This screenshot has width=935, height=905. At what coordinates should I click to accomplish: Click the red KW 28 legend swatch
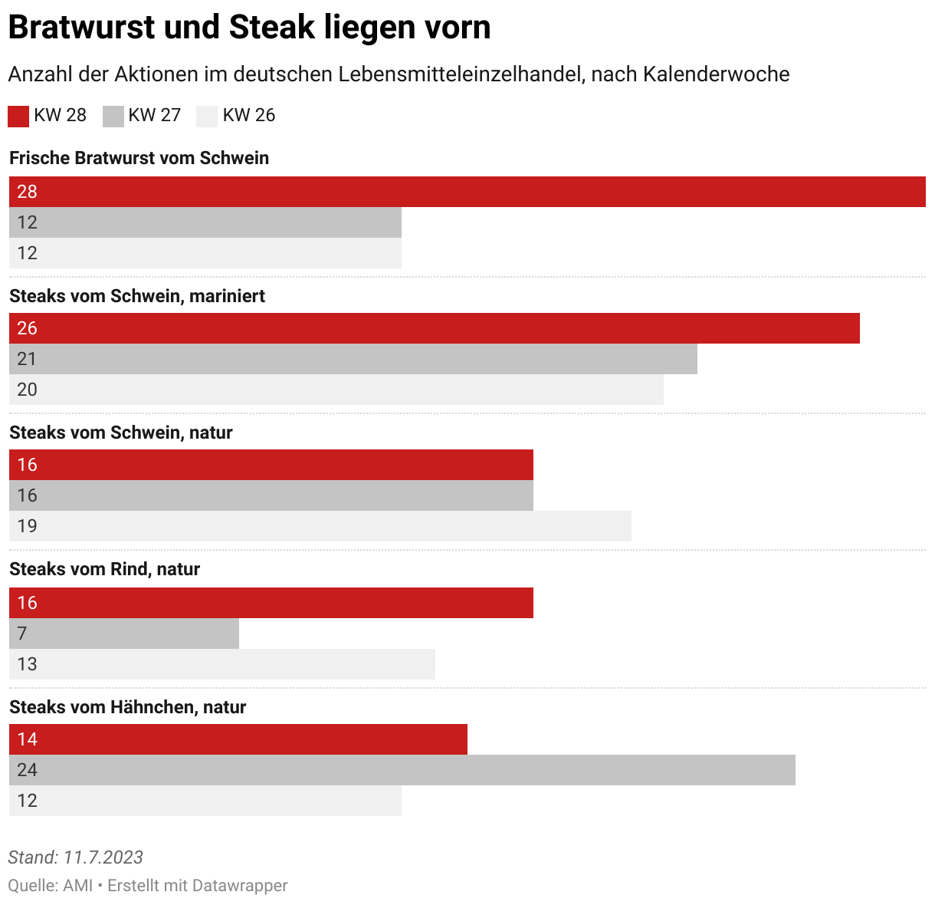pyautogui.click(x=18, y=116)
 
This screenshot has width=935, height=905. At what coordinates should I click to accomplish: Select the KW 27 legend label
pyautogui.click(x=154, y=115)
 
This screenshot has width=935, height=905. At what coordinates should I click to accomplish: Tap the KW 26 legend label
pyautogui.click(x=248, y=115)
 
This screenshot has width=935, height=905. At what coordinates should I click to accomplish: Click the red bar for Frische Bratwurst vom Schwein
pyautogui.click(x=467, y=192)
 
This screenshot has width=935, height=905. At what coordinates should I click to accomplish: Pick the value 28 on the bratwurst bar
pyautogui.click(x=27, y=192)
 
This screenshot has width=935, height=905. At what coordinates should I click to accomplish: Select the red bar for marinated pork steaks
pyautogui.click(x=435, y=328)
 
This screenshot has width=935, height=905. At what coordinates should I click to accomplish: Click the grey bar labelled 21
pyautogui.click(x=353, y=359)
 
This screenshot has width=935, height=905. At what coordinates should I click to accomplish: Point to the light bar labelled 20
pyautogui.click(x=336, y=390)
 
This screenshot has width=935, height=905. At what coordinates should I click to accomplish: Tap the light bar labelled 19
pyautogui.click(x=320, y=526)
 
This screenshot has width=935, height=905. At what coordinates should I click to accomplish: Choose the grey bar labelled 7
pyautogui.click(x=124, y=633)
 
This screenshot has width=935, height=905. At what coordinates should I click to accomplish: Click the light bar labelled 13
pyautogui.click(x=222, y=664)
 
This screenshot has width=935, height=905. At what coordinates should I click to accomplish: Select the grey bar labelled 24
pyautogui.click(x=402, y=770)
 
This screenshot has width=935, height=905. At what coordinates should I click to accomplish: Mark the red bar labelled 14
pyautogui.click(x=238, y=739)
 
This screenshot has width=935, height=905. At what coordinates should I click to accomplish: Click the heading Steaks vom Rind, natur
pyautogui.click(x=104, y=569)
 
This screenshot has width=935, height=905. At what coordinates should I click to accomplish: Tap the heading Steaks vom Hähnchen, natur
pyautogui.click(x=127, y=707)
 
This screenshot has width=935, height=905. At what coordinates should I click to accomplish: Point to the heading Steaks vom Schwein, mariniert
pyautogui.click(x=137, y=296)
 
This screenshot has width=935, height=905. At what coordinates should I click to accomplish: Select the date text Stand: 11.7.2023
pyautogui.click(x=75, y=857)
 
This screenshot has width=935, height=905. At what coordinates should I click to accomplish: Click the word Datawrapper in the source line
pyautogui.click(x=239, y=885)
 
